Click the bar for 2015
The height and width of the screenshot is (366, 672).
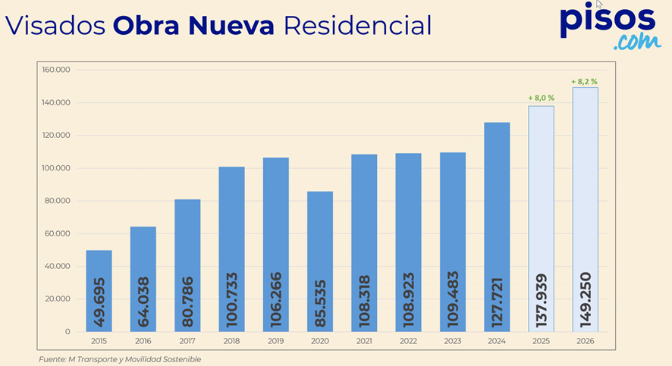point(99,290)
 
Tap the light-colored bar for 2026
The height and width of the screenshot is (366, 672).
point(585,209)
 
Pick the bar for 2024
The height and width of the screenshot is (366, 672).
point(497,227)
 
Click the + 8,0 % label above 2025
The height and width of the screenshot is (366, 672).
point(541,98)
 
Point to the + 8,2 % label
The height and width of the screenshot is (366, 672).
point(585,81)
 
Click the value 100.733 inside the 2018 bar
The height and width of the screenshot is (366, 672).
point(232,300)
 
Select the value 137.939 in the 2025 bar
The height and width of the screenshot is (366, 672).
point(542,300)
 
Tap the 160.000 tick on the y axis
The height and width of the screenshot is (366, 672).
point(56,70)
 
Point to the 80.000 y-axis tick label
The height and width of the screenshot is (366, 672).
point(58,201)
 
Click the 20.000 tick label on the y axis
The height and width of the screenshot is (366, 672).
point(58,299)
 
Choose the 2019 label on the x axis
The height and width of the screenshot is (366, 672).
point(275,341)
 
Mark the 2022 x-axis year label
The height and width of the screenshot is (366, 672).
point(408,341)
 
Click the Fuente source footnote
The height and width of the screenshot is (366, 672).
point(120,359)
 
